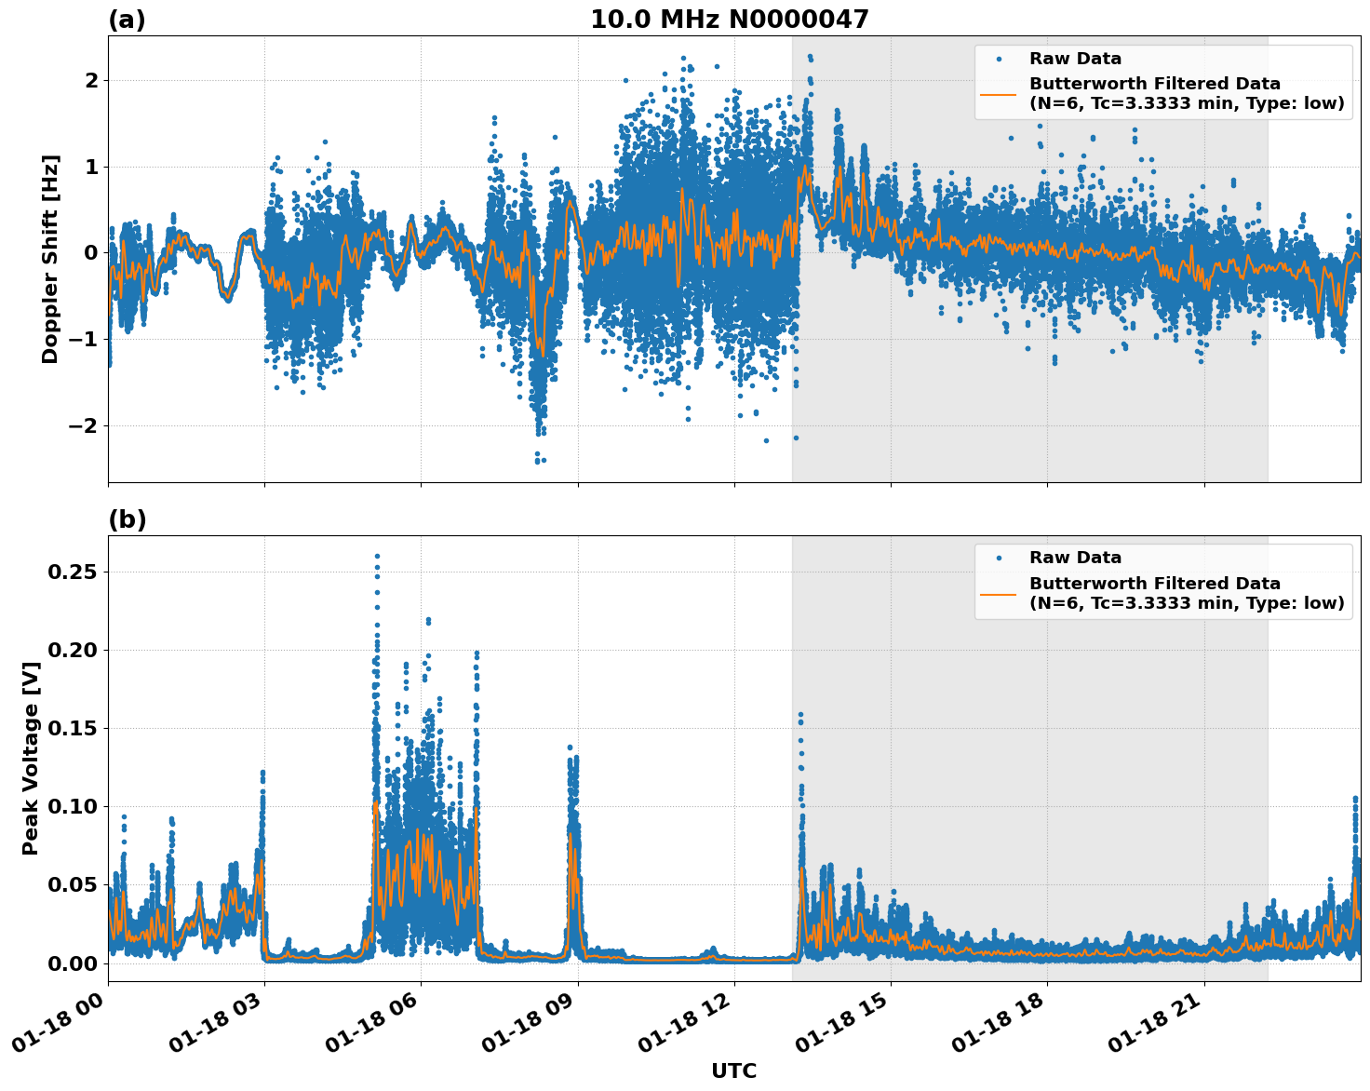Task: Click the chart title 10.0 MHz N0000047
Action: [729, 20]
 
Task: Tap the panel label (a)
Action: [127, 20]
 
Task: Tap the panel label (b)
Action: [127, 519]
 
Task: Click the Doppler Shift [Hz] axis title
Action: [50, 259]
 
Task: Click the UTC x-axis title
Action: [733, 1071]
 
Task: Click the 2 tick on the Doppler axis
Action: [90, 80]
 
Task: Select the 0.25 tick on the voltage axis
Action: [72, 572]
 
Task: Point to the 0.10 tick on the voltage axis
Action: [72, 806]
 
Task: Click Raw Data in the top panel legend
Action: [1075, 59]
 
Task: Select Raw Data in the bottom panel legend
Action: [1075, 558]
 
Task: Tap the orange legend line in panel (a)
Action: [999, 94]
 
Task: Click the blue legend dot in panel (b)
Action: [999, 559]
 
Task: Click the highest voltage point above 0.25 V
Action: [377, 557]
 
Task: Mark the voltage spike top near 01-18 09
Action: [570, 747]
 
